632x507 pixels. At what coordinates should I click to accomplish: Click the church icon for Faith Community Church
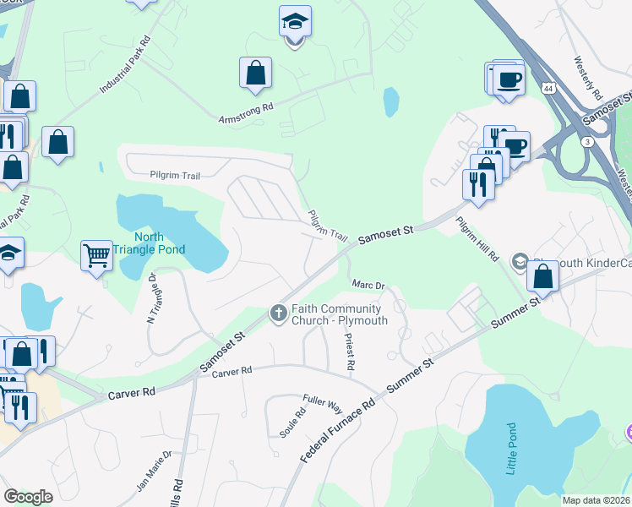pos(277,313)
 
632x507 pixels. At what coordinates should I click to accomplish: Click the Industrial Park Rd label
pos(124,66)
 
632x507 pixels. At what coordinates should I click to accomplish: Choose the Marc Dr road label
pos(368,286)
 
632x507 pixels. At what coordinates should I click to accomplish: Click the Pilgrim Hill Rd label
pos(477,237)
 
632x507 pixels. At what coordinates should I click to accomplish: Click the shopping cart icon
pos(96,254)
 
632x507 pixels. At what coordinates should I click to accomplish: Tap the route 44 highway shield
pos(549,88)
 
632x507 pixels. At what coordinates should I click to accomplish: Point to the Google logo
pos(28,496)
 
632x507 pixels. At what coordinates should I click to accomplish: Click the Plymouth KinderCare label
pos(580,264)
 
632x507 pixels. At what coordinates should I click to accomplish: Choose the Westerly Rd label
pos(586,77)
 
